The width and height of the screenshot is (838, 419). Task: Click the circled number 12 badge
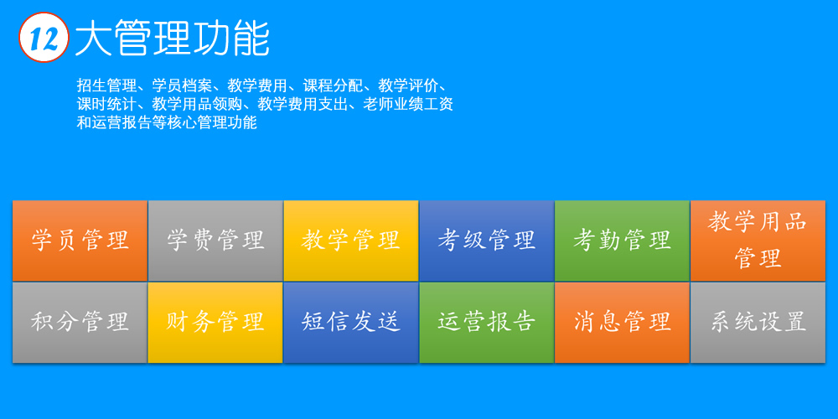coord(44,37)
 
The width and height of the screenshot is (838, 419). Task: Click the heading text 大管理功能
coord(172,38)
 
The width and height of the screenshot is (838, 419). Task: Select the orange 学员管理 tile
coord(80,241)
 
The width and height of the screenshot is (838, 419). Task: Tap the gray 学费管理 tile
coord(215,241)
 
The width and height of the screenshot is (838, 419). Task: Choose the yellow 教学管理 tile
coord(351,241)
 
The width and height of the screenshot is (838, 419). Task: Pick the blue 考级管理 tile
coord(487,241)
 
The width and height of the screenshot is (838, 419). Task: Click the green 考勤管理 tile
coord(622,241)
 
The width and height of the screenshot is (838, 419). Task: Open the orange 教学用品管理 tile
coord(758,241)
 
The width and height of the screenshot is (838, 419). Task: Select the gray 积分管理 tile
coord(80,323)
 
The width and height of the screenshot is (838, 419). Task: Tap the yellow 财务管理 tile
coord(215,323)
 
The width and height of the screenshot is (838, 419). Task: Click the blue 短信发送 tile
coord(351,323)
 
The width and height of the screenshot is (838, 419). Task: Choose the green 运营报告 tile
coord(487,323)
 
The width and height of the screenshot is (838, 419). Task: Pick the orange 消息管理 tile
coord(622,323)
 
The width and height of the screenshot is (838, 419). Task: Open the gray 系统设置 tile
coord(758,323)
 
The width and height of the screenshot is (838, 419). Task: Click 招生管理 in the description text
coord(107,85)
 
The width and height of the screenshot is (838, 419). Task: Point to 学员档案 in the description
coord(183,85)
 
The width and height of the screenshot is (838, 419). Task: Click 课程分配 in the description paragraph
coord(334,85)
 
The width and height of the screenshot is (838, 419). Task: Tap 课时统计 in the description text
coord(107,104)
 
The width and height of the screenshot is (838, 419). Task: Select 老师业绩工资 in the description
coord(408,104)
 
